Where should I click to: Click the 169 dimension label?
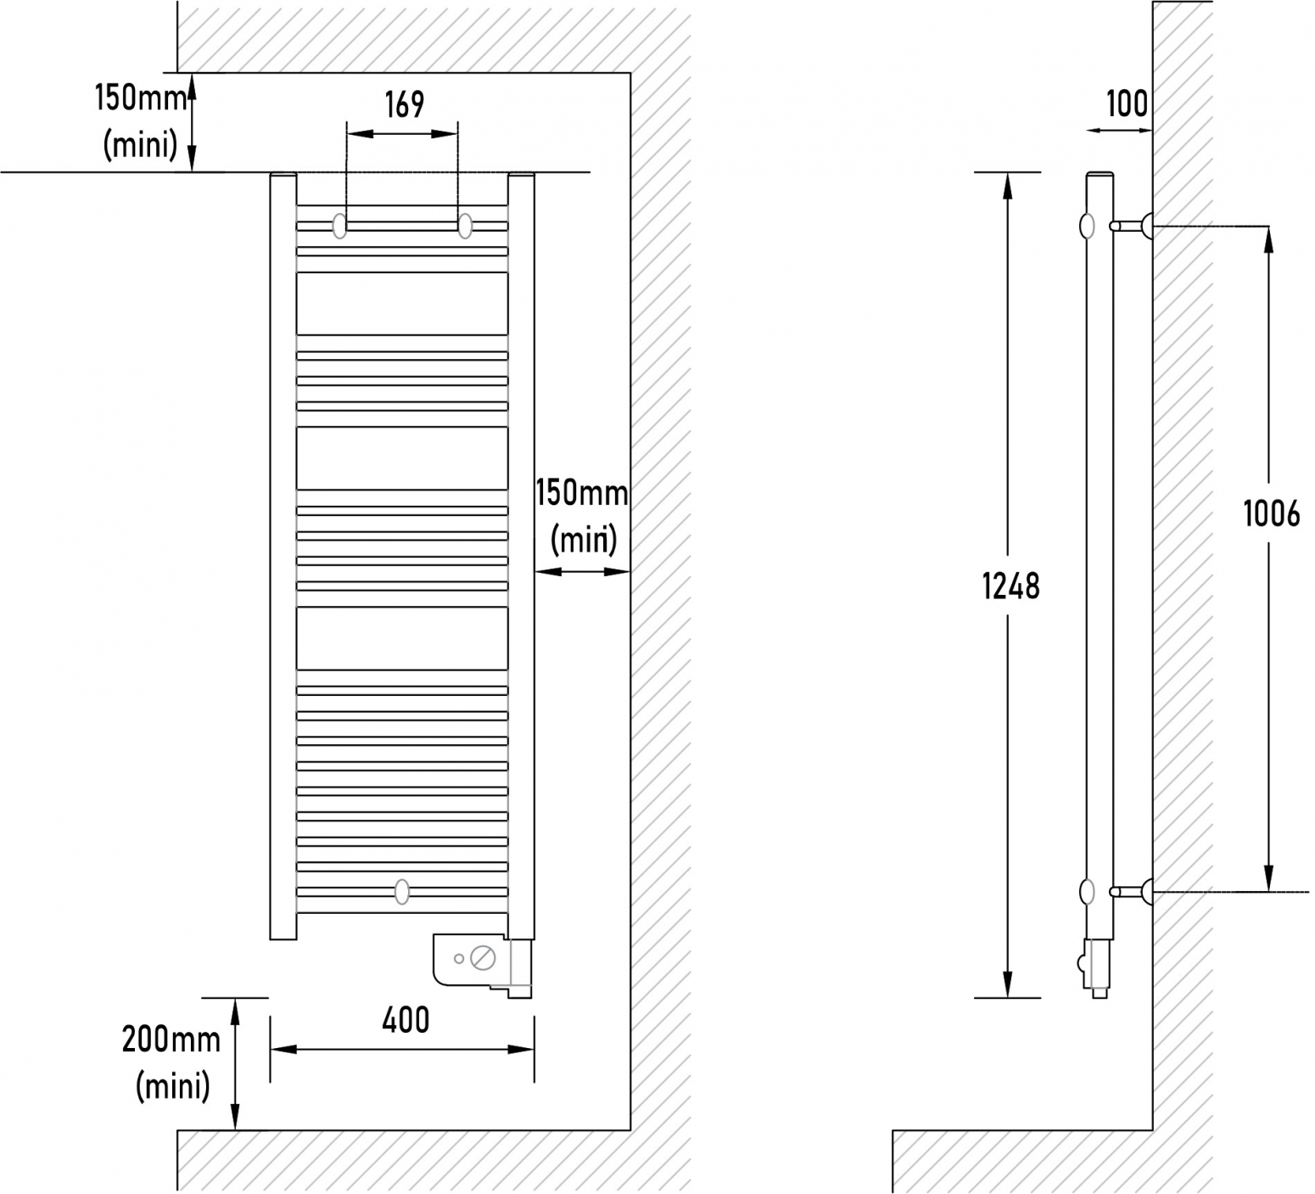pos(404,105)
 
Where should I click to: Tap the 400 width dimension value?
pos(406,1020)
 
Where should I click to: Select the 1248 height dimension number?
pos(1010,586)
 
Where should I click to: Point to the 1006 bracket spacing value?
pos(1272,513)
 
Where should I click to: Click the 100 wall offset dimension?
pos(1127,104)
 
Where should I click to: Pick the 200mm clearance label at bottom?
pos(171,1040)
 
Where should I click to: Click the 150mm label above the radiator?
pos(141,98)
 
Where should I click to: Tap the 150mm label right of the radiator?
pos(582,493)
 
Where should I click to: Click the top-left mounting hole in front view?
pos(340,226)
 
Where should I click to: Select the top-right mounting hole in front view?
pos(465,226)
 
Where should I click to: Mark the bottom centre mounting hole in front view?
pos(402,891)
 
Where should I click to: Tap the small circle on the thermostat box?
pos(459,959)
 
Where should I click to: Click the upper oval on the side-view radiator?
pos(1087,226)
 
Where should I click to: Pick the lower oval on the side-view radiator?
pos(1087,891)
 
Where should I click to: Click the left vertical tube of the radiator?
pos(283,557)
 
